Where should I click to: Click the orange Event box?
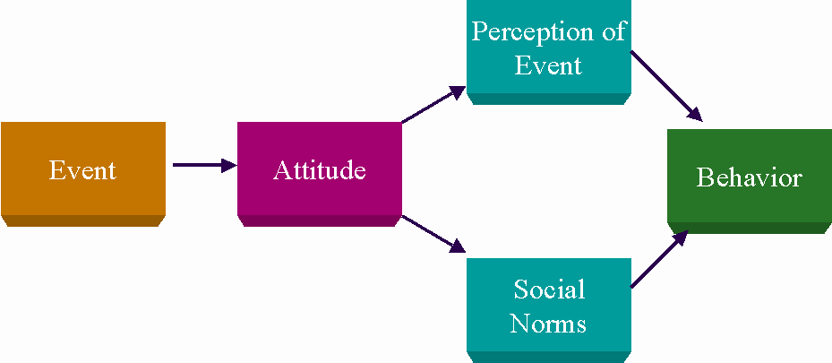83,174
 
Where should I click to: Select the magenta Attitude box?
320,174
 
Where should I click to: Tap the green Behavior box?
750,181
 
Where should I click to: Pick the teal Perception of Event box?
549,52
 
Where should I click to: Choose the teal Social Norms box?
549,310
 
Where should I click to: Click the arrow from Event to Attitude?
205,165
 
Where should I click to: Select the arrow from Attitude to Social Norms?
433,234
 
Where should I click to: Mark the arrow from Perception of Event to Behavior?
666,86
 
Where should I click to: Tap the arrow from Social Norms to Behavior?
659,260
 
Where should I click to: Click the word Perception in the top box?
530,33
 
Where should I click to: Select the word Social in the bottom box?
549,290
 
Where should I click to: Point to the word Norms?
548,324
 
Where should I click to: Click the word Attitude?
320,170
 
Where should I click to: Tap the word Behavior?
749,177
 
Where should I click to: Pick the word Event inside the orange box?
82,170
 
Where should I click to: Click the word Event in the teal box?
549,65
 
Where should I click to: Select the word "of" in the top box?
613,32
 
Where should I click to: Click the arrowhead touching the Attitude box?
229,165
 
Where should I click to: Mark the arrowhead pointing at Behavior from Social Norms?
681,238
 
